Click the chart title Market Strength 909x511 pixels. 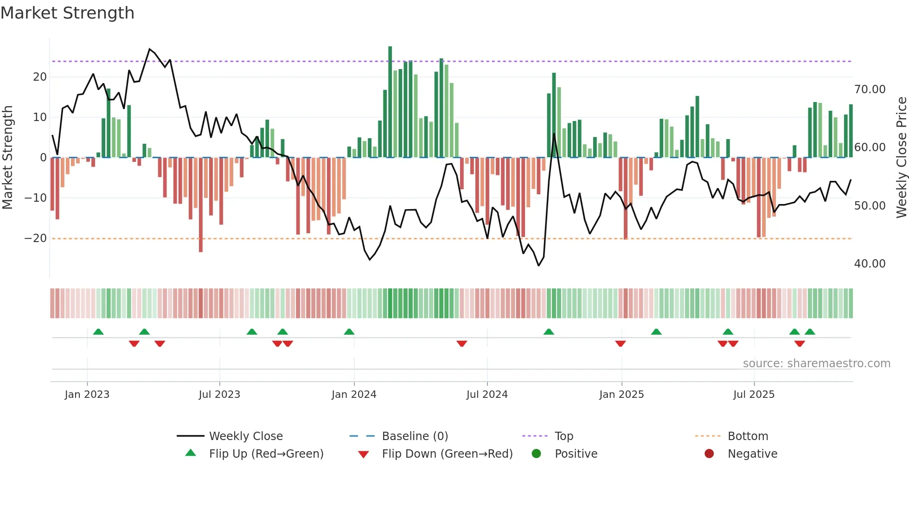[x=68, y=13]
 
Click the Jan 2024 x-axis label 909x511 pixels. [x=354, y=395]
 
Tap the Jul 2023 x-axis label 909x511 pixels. [x=219, y=395]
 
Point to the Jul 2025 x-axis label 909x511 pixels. [x=754, y=395]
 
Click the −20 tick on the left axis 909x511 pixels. [x=36, y=238]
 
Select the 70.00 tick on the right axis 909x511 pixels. [x=870, y=89]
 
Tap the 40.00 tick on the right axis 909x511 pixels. [x=870, y=264]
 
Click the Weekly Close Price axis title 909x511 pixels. [x=901, y=158]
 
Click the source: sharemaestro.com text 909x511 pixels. [x=816, y=364]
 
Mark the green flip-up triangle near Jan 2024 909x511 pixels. [x=349, y=332]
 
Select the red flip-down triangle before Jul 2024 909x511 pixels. [x=461, y=344]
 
